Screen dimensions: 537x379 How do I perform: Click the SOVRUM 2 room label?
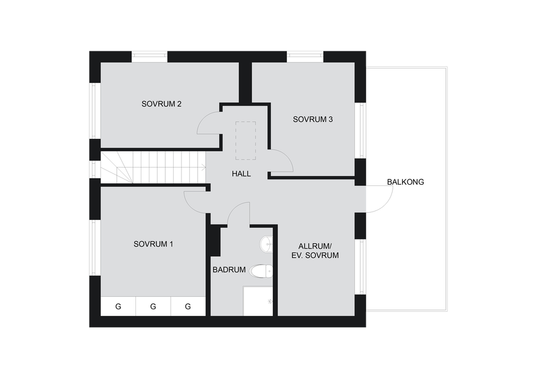(x=161, y=104)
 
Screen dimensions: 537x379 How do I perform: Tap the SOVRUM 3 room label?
(x=313, y=119)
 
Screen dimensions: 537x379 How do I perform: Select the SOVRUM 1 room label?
(x=153, y=244)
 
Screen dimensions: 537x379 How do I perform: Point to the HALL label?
(x=241, y=174)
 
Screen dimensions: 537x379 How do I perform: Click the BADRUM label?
(x=229, y=270)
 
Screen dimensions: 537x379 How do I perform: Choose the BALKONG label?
(x=406, y=182)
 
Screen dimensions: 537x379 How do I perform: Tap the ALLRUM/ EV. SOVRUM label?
(x=315, y=251)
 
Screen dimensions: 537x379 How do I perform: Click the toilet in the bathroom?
(x=261, y=271)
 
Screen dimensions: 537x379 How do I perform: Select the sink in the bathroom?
(x=266, y=244)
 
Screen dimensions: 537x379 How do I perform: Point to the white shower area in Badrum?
(x=258, y=301)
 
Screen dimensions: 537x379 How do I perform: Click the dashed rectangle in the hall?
(x=246, y=141)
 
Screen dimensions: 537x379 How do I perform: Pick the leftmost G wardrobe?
(x=118, y=306)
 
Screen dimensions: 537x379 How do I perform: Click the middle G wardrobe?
(x=153, y=306)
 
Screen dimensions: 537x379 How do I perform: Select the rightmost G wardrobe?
(x=188, y=306)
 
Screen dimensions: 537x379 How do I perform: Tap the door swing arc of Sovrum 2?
(x=202, y=119)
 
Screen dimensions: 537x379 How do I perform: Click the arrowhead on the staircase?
(x=204, y=167)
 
